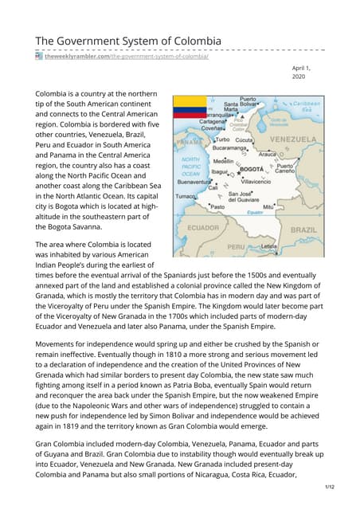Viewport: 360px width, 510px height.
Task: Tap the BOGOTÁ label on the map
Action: pos(251,170)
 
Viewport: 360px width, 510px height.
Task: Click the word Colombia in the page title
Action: pos(193,41)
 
